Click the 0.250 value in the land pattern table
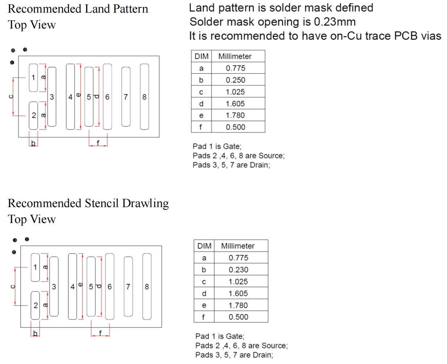235,80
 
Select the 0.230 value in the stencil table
238,270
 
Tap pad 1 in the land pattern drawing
33,78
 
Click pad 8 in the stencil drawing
147,286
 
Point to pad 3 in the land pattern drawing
52,97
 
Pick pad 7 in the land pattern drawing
126,97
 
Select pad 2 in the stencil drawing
35,305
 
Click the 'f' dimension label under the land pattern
98,143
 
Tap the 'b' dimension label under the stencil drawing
35,333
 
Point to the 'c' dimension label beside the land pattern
11,97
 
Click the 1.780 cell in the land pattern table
235,115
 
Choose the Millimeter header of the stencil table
238,246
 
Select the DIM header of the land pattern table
201,56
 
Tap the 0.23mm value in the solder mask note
335,22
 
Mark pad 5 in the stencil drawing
91,286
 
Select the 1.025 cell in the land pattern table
235,92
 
